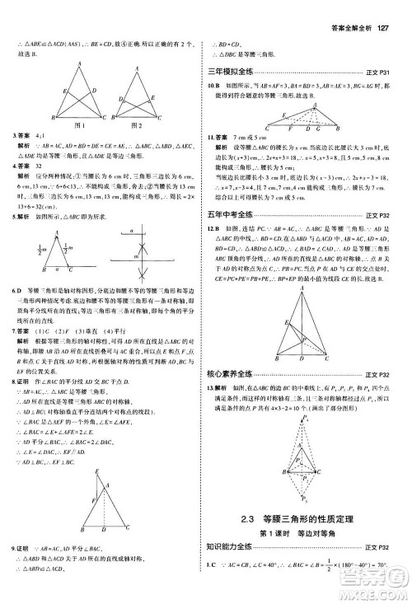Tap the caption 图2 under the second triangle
click(x=138, y=125)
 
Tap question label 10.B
click(x=213, y=85)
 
